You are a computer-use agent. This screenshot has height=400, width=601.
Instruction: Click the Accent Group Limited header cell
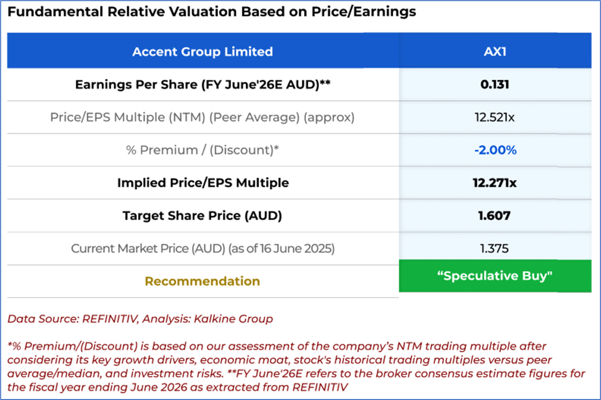click(202, 52)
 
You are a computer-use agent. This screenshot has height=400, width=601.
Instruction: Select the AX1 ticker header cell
click(495, 52)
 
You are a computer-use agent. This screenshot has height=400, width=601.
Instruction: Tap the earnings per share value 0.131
click(495, 85)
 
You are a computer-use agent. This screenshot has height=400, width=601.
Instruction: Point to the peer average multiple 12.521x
click(495, 118)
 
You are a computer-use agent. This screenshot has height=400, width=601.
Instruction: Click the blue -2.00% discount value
click(495, 150)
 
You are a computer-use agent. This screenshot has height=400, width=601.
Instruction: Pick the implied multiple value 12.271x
click(495, 183)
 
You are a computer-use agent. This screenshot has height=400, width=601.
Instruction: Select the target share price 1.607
click(495, 215)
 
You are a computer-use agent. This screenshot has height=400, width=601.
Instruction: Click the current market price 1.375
click(495, 248)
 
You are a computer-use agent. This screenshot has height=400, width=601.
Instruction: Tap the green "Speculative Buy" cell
click(495, 276)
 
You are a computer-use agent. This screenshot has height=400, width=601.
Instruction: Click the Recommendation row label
click(202, 281)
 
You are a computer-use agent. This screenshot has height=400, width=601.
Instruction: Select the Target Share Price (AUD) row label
click(202, 215)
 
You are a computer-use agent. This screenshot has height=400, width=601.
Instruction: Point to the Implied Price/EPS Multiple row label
click(202, 183)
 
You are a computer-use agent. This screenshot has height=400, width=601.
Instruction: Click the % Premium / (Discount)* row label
click(202, 150)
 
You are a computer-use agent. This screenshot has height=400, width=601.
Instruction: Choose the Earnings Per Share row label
click(202, 85)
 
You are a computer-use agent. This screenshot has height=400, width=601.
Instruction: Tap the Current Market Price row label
click(202, 248)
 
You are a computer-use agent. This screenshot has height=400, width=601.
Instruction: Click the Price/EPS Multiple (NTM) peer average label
click(202, 118)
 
